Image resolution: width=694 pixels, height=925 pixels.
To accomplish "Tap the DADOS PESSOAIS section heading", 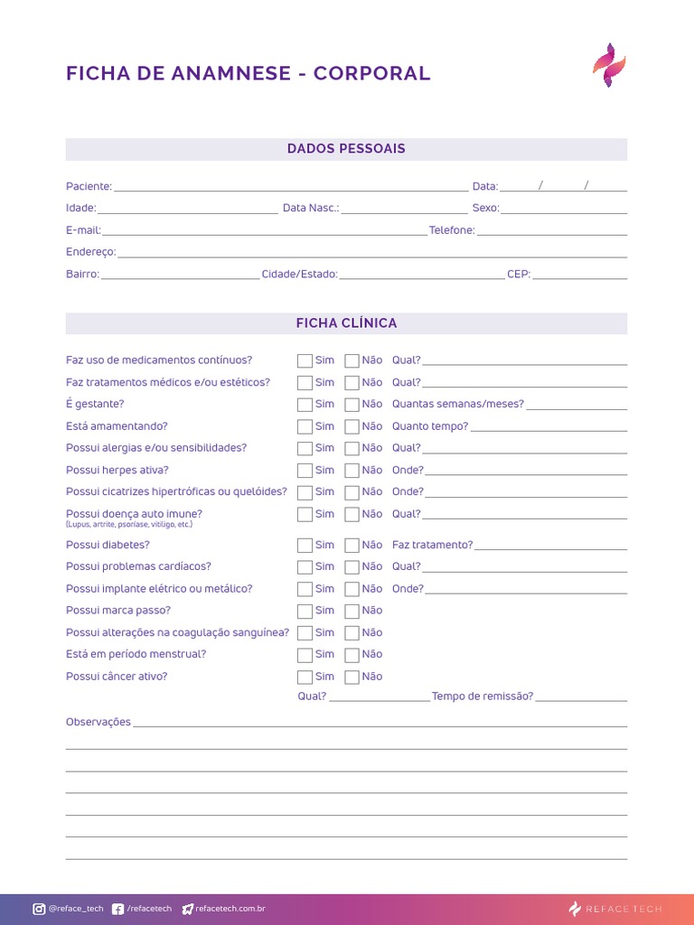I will coord(346,149).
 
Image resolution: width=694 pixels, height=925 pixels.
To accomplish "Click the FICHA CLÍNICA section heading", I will coord(346,323).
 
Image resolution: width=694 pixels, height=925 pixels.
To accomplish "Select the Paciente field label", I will coord(89,187).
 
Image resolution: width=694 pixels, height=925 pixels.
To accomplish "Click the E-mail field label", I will coord(83,230).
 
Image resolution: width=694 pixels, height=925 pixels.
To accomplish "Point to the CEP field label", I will coord(519,275).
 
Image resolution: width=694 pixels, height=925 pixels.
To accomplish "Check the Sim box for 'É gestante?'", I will coord(305,405).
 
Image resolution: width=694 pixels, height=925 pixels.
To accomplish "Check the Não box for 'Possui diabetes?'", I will coord(352,546).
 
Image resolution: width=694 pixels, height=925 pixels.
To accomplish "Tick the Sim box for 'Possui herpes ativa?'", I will coord(305,471).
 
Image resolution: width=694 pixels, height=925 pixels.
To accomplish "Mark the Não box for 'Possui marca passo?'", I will coord(352,612).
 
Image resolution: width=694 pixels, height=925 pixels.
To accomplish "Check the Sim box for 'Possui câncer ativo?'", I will coord(305,677).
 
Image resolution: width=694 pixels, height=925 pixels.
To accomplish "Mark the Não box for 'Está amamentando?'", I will coord(352,426).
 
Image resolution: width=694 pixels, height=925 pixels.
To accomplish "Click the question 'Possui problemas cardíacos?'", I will coord(138,566).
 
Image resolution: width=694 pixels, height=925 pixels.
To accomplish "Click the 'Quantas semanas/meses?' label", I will coord(457,404).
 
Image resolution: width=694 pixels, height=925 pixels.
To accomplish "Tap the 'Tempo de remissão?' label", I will coord(483,696).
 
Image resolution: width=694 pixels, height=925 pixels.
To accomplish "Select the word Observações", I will coord(98,723).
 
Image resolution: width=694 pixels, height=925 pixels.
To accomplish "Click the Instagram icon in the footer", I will coord(39,909).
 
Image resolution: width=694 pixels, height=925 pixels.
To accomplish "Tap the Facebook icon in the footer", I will coord(118,909).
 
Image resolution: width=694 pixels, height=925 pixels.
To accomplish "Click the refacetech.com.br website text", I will coord(230,909).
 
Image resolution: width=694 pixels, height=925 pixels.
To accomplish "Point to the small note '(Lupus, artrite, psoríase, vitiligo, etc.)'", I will coord(129,525).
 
